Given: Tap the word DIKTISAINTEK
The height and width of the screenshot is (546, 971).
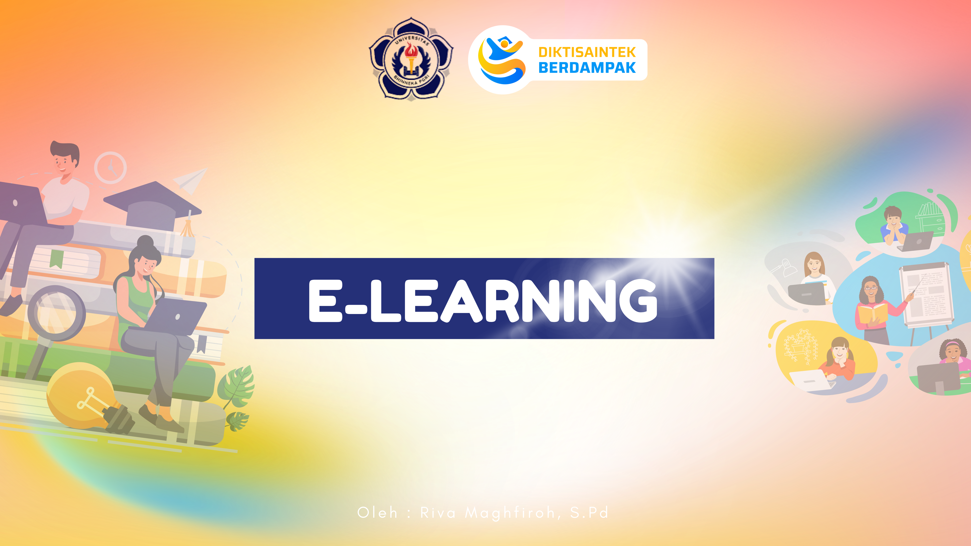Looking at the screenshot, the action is coord(587,52).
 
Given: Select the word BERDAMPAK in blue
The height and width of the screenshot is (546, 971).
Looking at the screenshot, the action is coord(587,68).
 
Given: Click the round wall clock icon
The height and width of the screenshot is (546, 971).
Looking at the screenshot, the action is coord(110,168).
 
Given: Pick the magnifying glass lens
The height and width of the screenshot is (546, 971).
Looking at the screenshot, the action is coord(56,313).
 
